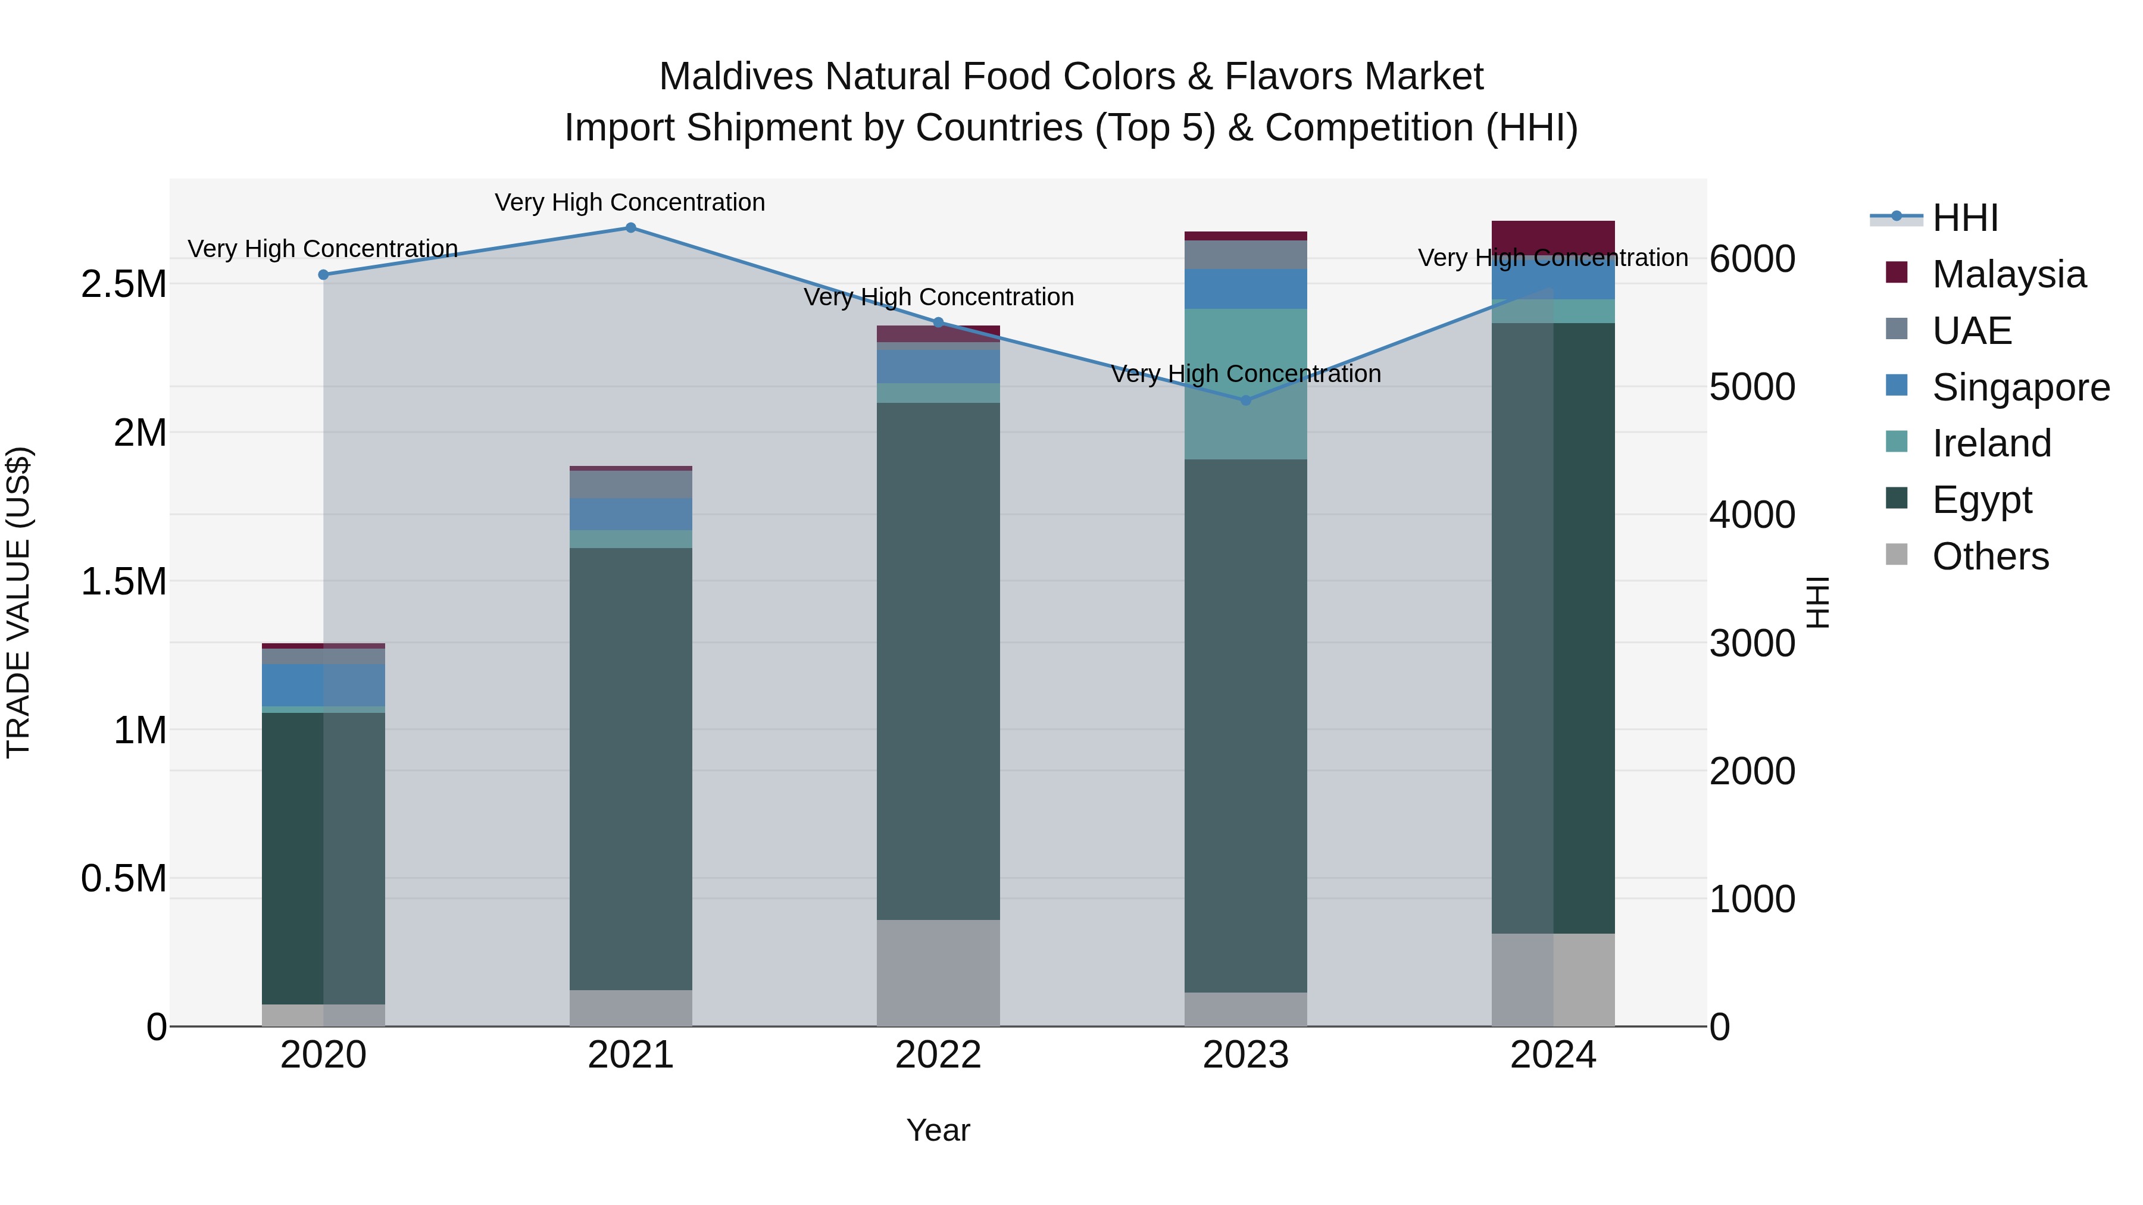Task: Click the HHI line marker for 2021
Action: click(x=630, y=228)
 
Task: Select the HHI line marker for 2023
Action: click(x=1245, y=400)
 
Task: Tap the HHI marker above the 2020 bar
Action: click(x=324, y=274)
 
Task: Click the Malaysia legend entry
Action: click(x=2007, y=274)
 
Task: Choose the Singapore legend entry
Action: click(x=2020, y=387)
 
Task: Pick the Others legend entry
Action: click(x=1989, y=556)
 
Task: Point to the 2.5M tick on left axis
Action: click(x=123, y=284)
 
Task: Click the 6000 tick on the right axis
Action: click(x=1752, y=259)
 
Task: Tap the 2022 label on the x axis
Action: click(x=938, y=1055)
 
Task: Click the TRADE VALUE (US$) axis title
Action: click(x=18, y=602)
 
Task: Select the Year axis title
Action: click(x=938, y=1130)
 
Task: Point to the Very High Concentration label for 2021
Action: click(x=630, y=202)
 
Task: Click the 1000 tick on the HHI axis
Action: click(x=1752, y=899)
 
